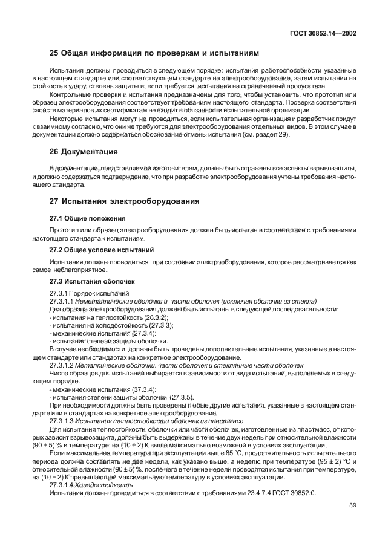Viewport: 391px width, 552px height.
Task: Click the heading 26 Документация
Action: tap(83, 151)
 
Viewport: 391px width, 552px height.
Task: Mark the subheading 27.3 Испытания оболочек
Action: tap(91, 281)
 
